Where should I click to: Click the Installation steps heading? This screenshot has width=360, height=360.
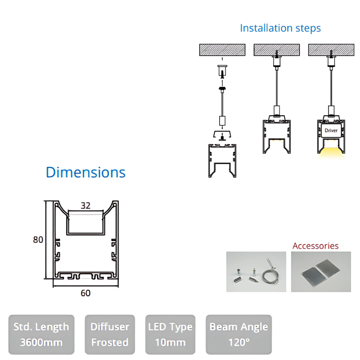point(280,28)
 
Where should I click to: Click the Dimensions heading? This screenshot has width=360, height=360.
point(86,172)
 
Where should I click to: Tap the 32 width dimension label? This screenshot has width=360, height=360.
point(86,206)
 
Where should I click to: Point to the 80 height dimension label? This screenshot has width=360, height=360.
point(38,240)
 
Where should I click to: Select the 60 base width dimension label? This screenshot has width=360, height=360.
point(86,293)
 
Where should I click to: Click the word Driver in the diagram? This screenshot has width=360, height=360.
point(331,130)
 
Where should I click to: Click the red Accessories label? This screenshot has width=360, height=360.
point(315,246)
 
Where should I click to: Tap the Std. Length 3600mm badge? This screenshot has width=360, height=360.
point(41,334)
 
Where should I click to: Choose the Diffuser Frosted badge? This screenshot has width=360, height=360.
point(110,334)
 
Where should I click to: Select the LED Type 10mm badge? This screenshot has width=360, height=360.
point(170,334)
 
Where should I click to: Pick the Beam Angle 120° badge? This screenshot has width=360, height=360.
point(239,334)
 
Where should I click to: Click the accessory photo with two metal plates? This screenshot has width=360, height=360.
point(321,271)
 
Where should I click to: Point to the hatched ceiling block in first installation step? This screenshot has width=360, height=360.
point(222,50)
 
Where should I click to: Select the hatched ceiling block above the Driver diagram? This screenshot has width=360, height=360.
point(331,50)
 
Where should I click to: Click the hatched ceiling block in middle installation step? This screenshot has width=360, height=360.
point(276,50)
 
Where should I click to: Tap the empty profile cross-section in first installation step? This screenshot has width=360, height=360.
point(222,160)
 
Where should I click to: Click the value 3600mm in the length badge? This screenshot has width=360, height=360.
point(41,342)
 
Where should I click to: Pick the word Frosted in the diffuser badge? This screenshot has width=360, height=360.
point(110,342)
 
